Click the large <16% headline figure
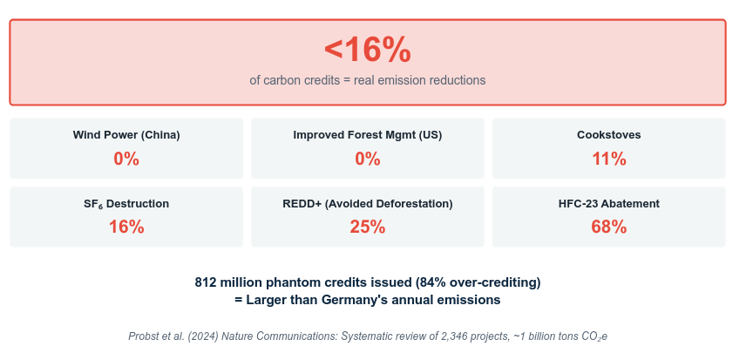367,51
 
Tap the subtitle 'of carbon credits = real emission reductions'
367,80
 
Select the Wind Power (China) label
126,135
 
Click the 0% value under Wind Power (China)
126,159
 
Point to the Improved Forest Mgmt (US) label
367,135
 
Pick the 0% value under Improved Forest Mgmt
367,159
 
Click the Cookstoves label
608,135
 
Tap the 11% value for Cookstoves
608,159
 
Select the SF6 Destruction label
126,204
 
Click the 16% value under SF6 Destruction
126,228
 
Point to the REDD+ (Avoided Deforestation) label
367,204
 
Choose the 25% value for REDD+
367,228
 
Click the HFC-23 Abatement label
608,204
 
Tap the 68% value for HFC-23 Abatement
608,228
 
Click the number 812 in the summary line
205,282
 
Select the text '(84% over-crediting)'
478,283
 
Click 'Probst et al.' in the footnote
157,336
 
